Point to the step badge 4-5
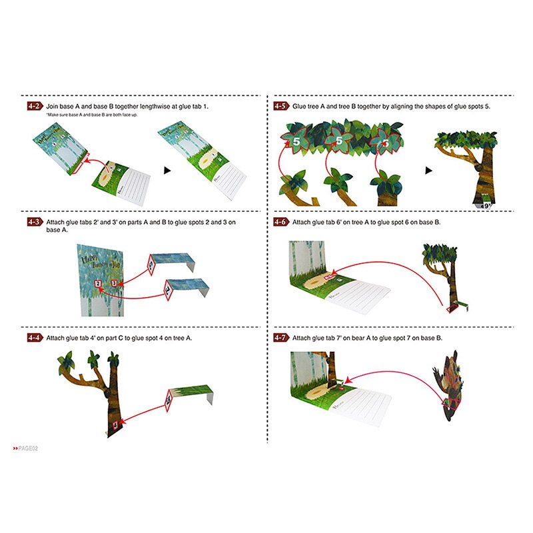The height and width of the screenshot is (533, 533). (x=281, y=106)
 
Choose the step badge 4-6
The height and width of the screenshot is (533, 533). (x=281, y=222)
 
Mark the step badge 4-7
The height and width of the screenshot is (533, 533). (x=281, y=338)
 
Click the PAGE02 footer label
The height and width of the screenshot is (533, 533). (x=27, y=447)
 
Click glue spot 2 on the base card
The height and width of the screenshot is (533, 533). (x=98, y=284)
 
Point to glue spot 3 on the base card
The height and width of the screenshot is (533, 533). (x=114, y=283)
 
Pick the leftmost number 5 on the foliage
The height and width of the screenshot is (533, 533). (x=294, y=141)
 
